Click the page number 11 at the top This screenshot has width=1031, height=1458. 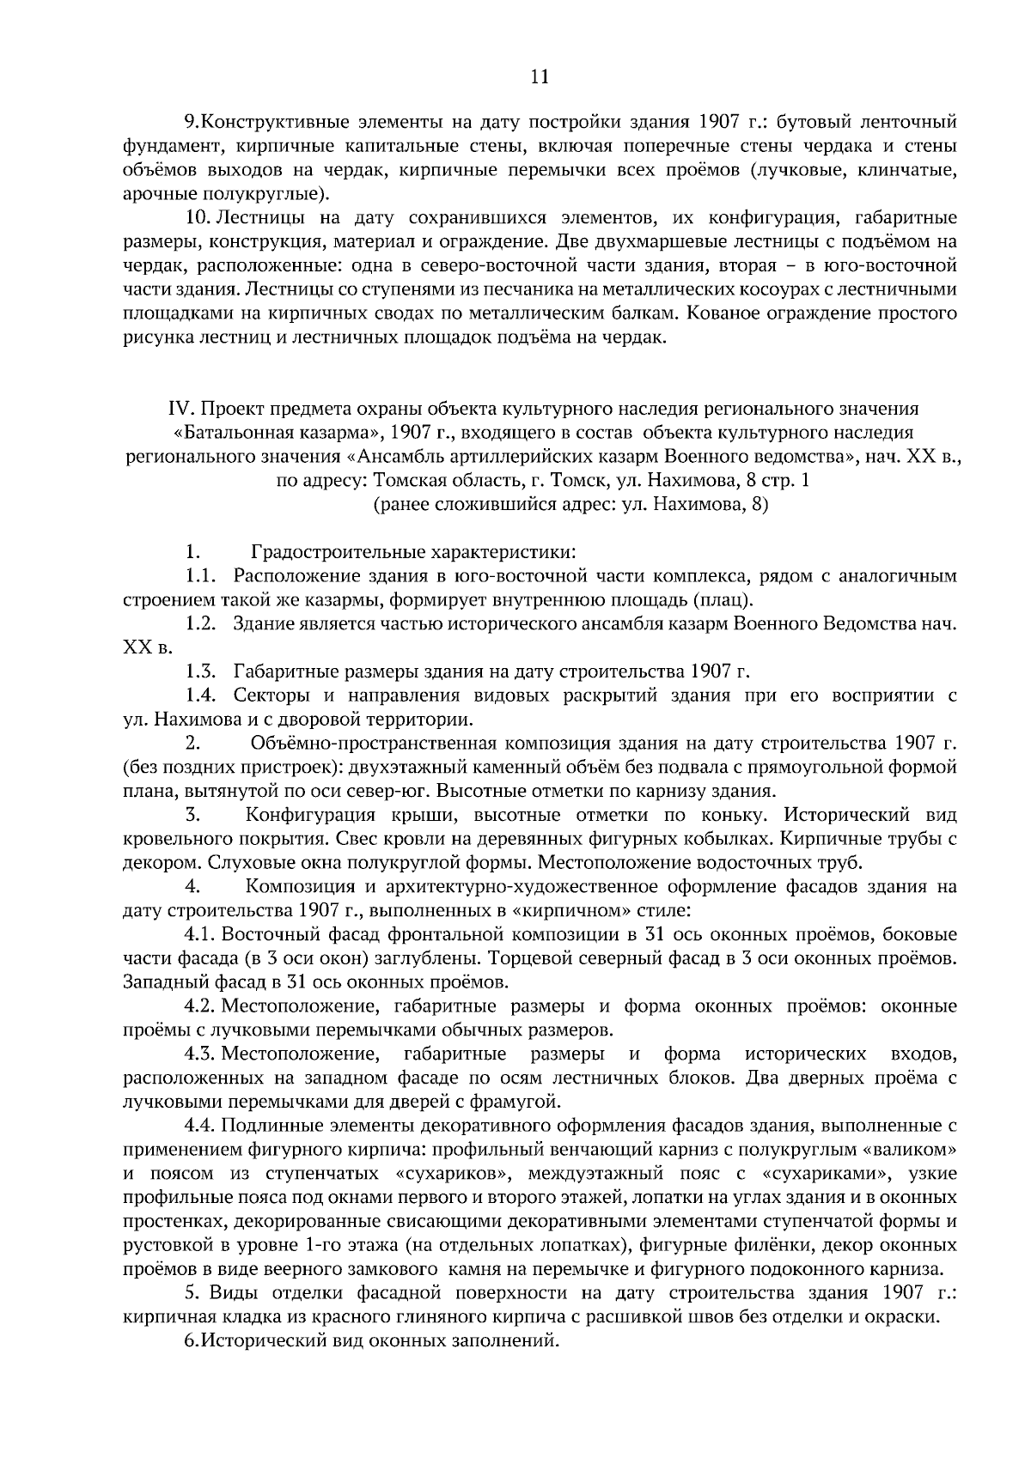pyautogui.click(x=540, y=76)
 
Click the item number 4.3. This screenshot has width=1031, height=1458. pyautogui.click(x=199, y=1054)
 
